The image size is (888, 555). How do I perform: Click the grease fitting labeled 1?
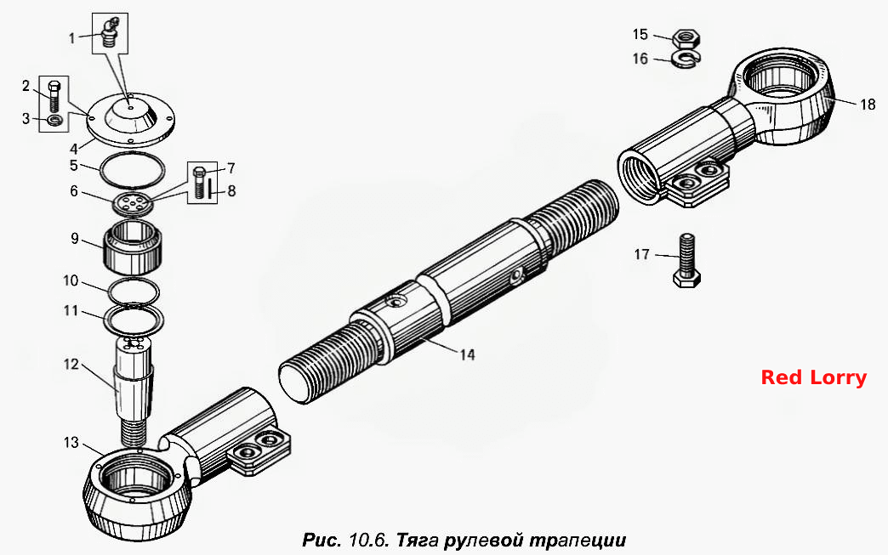(x=110, y=33)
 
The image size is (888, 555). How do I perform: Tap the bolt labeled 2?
(x=54, y=96)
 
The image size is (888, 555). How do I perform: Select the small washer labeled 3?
(x=55, y=120)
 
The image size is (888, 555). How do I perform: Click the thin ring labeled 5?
(x=132, y=169)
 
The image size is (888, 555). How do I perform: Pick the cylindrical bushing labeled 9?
(x=132, y=246)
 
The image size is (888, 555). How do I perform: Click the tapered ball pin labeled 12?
(x=134, y=390)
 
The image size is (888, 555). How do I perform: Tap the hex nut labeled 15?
(x=686, y=38)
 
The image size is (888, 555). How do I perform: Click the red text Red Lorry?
(x=813, y=377)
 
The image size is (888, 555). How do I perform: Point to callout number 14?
(x=467, y=354)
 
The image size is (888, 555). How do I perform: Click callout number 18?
(x=868, y=104)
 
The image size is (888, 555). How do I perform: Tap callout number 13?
(x=71, y=442)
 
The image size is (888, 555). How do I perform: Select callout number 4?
(x=74, y=150)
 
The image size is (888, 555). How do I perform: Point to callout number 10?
(x=71, y=280)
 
